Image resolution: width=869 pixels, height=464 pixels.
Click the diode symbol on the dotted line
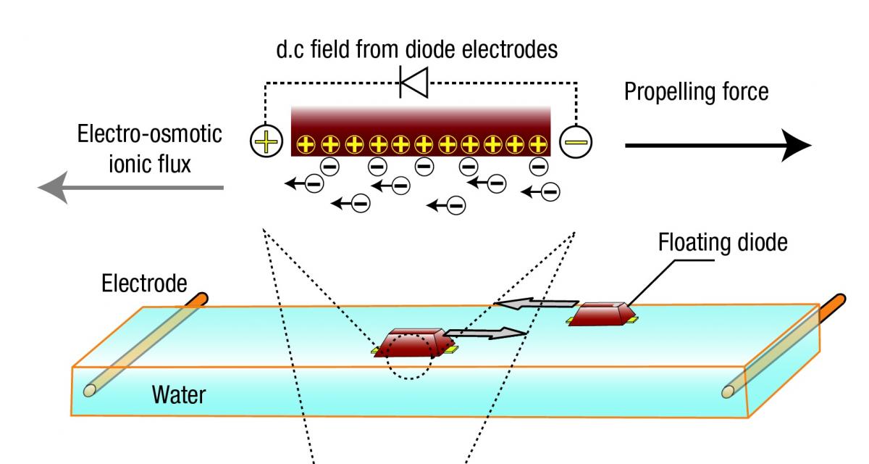coord(414,83)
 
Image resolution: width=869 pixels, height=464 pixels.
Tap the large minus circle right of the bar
coord(576,141)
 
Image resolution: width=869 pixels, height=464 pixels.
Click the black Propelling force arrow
coord(717,145)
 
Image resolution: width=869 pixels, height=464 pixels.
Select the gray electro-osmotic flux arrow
coord(130,188)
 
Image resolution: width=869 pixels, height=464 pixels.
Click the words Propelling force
coord(696,93)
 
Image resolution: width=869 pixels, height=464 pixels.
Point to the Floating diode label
coord(721,242)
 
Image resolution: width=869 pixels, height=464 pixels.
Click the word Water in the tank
coord(178,395)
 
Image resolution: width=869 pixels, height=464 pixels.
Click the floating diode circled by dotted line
coord(413,342)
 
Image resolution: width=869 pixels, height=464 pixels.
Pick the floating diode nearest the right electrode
coord(603,313)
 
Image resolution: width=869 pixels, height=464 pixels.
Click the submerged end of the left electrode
coord(90,390)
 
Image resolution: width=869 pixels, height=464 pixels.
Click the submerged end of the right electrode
coord(729,391)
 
